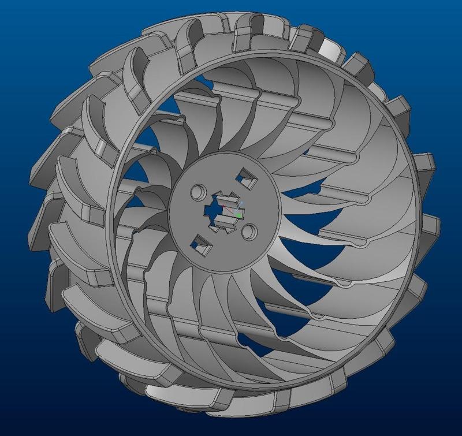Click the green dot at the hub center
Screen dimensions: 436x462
[x=239, y=215]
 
